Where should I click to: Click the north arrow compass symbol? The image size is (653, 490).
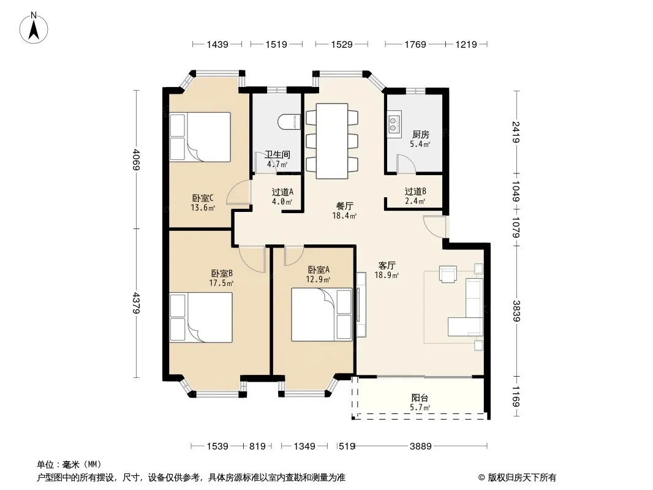click(x=34, y=28)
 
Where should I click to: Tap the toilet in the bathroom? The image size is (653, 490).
click(x=289, y=121)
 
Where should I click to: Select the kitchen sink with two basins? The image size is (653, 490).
click(x=394, y=124)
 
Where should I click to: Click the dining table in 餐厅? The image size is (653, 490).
click(x=332, y=141)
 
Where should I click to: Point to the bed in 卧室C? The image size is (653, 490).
click(x=200, y=137)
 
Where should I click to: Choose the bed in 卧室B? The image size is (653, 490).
click(x=201, y=318)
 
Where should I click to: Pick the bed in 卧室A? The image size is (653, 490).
click(x=322, y=314)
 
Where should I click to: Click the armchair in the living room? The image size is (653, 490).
click(x=448, y=274)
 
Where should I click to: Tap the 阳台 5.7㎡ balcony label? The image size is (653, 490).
click(x=420, y=402)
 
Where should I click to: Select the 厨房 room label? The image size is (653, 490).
click(x=421, y=135)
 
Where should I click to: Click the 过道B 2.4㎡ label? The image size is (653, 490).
click(x=415, y=197)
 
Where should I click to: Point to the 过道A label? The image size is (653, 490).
click(x=282, y=192)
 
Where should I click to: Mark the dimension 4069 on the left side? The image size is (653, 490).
click(x=136, y=159)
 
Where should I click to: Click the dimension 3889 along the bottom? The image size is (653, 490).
click(x=421, y=447)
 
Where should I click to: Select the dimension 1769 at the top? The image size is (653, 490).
click(x=415, y=44)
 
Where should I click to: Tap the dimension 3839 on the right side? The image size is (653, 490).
click(x=516, y=311)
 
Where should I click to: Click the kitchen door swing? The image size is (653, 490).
click(x=406, y=164)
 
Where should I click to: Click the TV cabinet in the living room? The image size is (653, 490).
click(x=361, y=304)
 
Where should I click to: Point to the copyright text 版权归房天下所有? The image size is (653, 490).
click(x=522, y=478)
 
